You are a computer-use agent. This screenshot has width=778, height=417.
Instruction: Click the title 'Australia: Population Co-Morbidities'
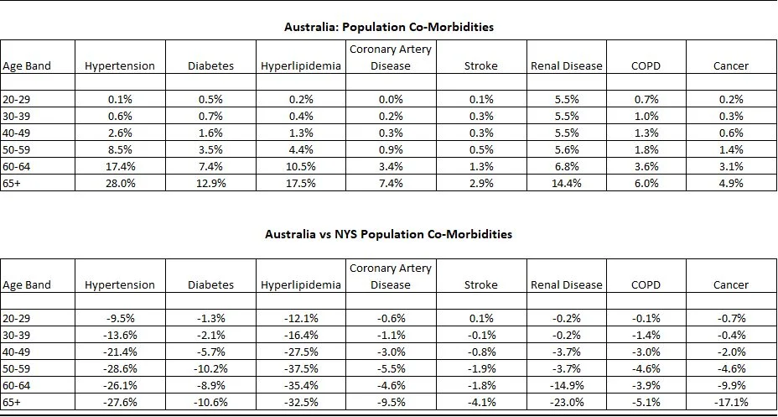tap(389, 27)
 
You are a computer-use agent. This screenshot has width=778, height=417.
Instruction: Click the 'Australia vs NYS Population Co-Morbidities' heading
tap(389, 234)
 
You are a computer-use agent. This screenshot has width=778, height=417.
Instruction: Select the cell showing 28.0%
tap(122, 183)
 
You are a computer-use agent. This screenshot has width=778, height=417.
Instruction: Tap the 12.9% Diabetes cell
tap(210, 183)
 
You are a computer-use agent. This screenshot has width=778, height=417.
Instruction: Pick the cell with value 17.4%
tap(122, 166)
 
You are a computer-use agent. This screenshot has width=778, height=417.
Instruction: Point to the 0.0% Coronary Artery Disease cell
tap(391, 99)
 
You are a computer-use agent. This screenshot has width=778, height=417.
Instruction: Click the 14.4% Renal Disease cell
tap(567, 183)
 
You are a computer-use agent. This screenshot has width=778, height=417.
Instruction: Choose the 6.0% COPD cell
tap(646, 183)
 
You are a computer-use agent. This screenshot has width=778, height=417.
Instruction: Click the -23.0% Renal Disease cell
tap(567, 402)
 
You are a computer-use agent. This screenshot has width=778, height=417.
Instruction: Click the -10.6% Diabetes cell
tap(210, 402)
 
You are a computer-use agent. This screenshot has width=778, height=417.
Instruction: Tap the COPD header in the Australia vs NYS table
tap(646, 284)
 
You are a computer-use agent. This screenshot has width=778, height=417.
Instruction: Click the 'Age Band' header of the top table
tap(27, 65)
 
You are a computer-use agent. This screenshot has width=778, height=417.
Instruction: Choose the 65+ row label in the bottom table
tap(14, 402)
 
